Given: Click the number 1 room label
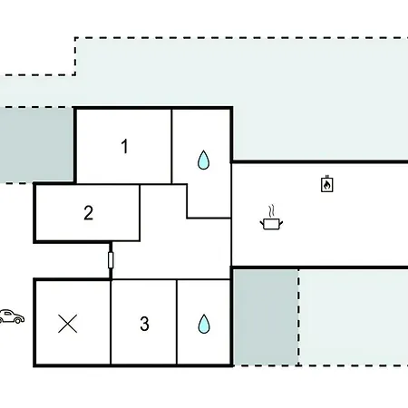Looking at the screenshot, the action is tap(124, 146).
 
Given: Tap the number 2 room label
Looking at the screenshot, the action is tap(88, 213).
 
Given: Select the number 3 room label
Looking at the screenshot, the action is tap(144, 324).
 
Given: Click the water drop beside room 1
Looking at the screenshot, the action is tap(203, 160).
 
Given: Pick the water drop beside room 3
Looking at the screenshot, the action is tap(204, 324).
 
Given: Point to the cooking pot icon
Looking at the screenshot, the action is tap(271, 224).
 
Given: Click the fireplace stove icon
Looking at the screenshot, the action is tap(327, 183).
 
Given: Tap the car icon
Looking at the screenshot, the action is tap(12, 316).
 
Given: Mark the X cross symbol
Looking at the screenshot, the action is tap(67, 324).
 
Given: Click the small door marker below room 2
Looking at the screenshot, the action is tap(111, 260).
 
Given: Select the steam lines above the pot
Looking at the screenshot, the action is tap(272, 211).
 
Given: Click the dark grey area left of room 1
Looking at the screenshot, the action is tap(36, 145).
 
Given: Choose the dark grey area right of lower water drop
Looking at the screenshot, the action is tap(266, 317).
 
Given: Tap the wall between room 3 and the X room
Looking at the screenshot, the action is tap(111, 322).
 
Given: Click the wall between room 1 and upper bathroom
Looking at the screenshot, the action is tap(171, 146).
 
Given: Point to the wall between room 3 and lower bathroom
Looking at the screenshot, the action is tap(177, 322).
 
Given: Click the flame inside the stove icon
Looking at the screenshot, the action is tap(326, 185).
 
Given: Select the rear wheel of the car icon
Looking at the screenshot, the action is tap(18, 320).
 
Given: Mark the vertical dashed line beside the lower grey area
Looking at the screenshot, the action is tap(298, 317).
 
